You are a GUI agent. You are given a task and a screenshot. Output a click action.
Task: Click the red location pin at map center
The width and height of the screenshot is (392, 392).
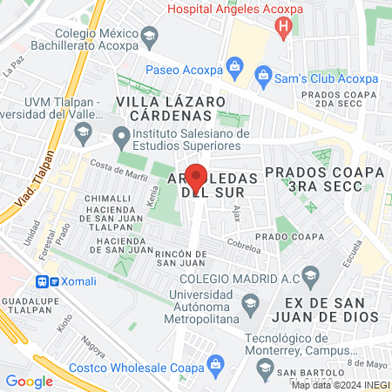click(196, 179)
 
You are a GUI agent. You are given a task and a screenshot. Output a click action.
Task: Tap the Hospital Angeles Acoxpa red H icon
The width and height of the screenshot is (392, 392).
click(282, 27)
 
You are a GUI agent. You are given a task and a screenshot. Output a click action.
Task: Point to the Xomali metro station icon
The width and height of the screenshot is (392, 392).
click(42, 281)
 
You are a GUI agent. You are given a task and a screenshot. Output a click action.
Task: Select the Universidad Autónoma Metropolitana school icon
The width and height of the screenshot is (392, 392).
click(251, 302)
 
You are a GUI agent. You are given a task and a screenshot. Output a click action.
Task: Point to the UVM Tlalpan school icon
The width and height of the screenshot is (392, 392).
click(84, 133)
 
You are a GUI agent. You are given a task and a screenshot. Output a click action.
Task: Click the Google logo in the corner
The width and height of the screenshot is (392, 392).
click(29, 381)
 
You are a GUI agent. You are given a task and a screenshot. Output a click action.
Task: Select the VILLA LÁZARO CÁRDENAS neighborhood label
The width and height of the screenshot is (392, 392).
click(171, 107)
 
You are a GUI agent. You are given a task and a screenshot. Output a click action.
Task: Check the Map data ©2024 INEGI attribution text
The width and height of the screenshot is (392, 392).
click(339, 384)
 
